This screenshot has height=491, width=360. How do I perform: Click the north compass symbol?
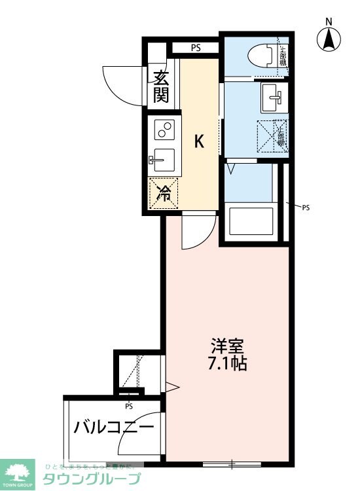tap(329, 39)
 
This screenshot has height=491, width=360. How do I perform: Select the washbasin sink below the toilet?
tap(271, 98)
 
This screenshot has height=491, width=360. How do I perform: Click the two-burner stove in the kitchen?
tap(164, 129)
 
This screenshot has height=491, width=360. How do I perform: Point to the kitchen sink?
tap(163, 159)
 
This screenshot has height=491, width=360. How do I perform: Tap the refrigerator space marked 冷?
tap(164, 193)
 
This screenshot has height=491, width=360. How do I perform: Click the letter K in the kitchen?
tap(200, 140)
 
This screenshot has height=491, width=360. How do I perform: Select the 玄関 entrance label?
tap(161, 87)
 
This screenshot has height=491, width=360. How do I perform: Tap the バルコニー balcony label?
tap(113, 428)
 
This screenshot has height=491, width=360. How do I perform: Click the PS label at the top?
tap(196, 48)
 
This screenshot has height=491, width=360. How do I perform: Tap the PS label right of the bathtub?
tap(306, 208)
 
